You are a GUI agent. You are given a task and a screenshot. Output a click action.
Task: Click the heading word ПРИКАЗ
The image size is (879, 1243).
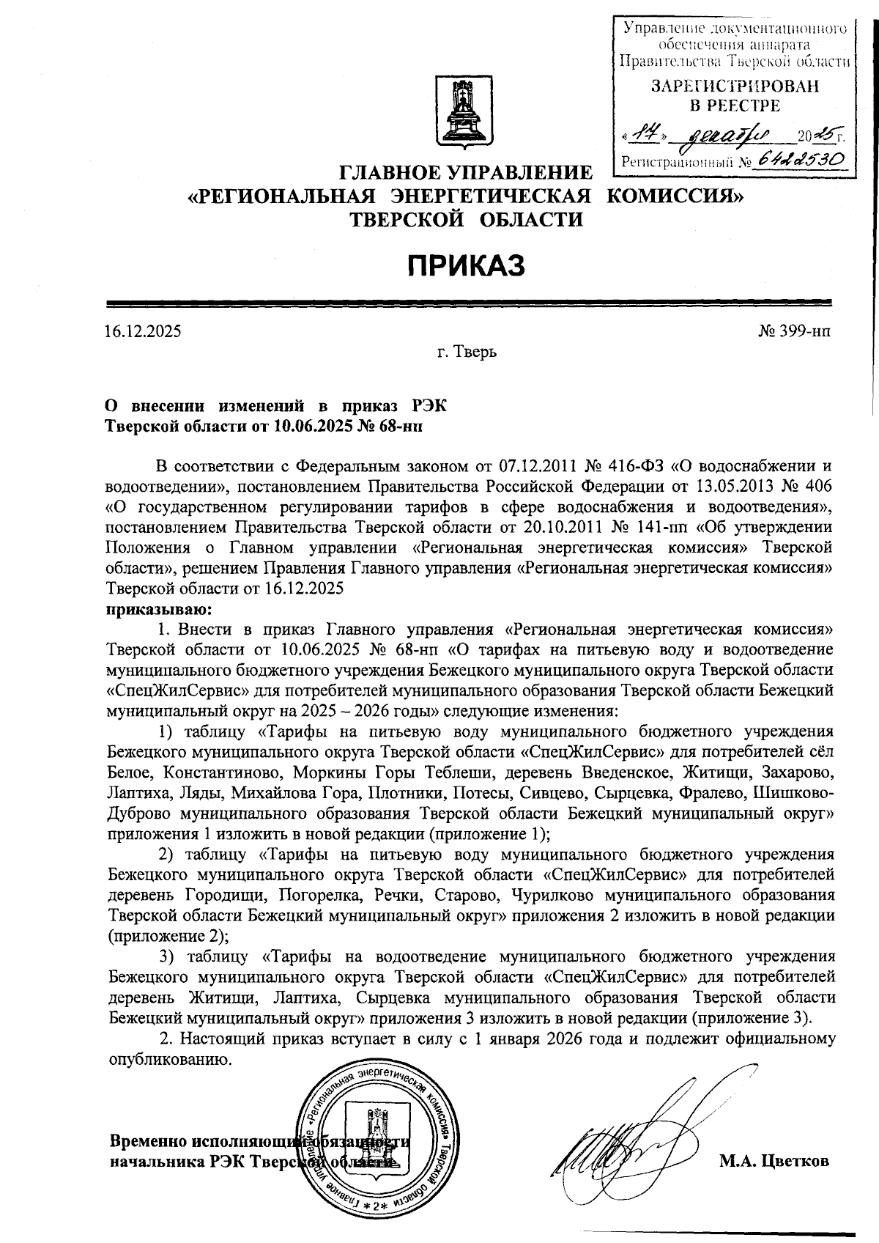point(467,265)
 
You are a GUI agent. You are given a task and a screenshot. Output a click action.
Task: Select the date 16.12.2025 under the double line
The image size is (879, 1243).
point(144,331)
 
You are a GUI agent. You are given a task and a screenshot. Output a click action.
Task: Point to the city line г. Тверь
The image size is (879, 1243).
point(467,353)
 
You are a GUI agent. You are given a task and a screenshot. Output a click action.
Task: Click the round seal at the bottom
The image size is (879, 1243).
point(374,1151)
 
